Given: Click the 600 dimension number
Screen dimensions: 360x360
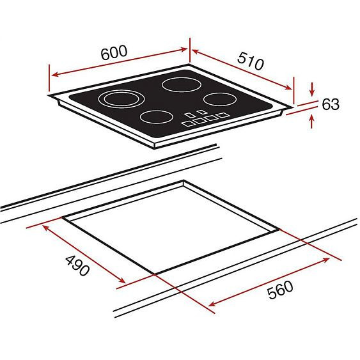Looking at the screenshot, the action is coord(114,52).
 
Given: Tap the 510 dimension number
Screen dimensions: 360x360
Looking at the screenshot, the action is coord(251,61).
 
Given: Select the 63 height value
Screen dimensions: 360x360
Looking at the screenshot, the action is coord(331,104).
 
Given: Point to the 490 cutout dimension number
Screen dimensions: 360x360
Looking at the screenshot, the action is coord(77,265).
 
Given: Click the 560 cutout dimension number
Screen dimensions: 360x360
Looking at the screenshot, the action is coord(280,290).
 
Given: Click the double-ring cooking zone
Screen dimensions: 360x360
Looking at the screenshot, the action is coord(121,99).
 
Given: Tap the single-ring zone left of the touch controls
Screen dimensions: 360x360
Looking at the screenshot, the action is coord(157,117).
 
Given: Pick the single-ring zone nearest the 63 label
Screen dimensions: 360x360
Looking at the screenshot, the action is coord(220,99).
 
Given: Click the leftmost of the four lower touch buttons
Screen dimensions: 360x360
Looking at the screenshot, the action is coord(188,123).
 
